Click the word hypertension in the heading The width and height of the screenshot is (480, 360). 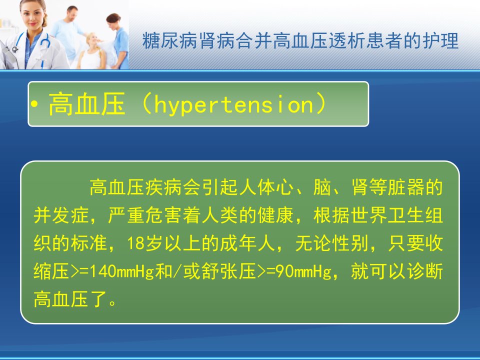(234, 104)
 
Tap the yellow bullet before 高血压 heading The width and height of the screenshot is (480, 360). (34, 104)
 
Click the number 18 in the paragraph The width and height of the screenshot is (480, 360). (136, 243)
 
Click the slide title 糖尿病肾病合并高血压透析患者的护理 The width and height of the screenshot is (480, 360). (300, 40)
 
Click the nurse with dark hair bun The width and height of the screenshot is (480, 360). (118, 40)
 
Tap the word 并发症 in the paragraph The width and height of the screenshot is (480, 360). (61, 215)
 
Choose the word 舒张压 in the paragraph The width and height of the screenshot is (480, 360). (228, 271)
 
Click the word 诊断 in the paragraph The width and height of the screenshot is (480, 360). (424, 271)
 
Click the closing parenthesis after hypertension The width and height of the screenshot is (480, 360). (321, 104)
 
